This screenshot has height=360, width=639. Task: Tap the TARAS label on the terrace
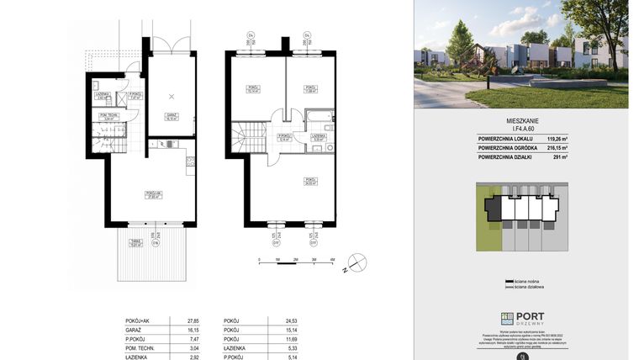134,242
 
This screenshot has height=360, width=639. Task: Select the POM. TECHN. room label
108,116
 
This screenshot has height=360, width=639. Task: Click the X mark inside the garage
172,96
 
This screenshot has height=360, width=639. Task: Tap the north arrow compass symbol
355,267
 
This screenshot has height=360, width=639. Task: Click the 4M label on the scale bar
333,261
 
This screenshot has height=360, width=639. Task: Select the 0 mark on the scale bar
260,261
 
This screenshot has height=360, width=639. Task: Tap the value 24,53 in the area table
292,320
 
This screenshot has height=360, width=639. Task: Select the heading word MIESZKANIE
521,121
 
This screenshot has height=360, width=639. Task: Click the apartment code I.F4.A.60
521,130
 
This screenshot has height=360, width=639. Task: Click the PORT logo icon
507,319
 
